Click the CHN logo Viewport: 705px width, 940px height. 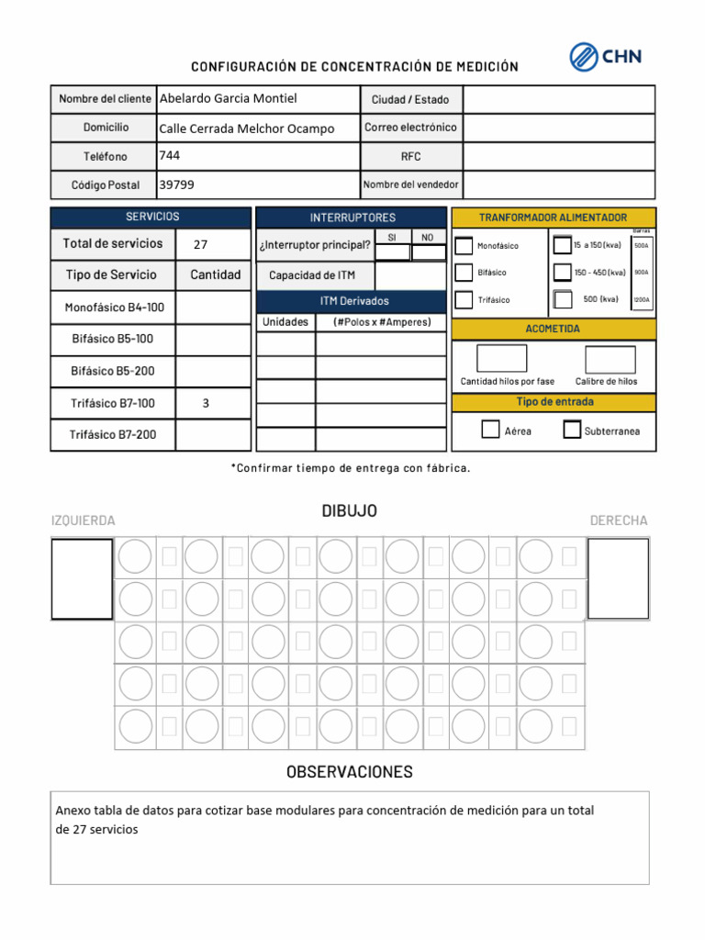point(605,57)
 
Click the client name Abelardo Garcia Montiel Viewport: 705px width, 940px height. point(228,98)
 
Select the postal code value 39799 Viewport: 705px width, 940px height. point(176,185)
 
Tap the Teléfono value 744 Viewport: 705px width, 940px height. point(170,155)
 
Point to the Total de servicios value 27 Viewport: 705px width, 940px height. point(200,245)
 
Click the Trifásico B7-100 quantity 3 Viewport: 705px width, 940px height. point(206,403)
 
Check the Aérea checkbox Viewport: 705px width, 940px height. point(491,430)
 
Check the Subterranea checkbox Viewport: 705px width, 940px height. point(572,430)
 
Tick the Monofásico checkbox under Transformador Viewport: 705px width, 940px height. point(464,246)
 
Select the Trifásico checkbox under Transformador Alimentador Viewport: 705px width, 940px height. point(464,300)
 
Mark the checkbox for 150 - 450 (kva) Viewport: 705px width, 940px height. point(562,273)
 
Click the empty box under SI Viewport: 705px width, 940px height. point(393,252)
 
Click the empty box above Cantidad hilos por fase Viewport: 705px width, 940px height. point(502,359)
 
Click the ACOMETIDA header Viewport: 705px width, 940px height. point(554,329)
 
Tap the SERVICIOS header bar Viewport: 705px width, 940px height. point(151,218)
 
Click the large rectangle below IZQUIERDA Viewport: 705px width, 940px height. point(82,578)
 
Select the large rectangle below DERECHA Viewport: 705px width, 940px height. point(618,578)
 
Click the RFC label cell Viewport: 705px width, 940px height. point(410,157)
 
